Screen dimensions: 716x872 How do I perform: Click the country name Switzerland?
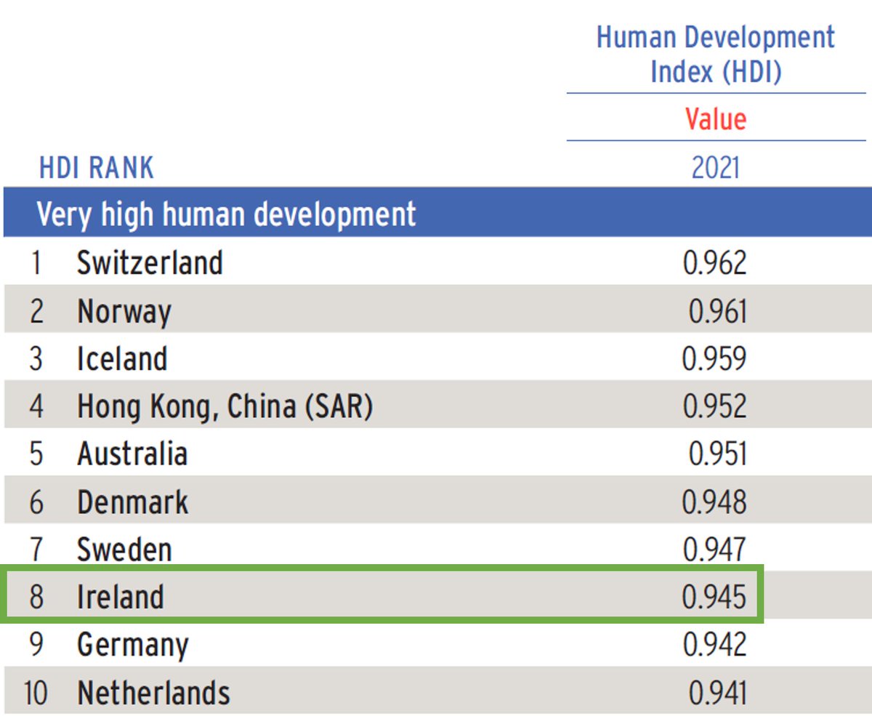pyautogui.click(x=150, y=262)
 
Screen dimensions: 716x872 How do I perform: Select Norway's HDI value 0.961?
pyautogui.click(x=717, y=312)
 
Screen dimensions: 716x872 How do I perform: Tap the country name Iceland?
pyautogui.click(x=122, y=359)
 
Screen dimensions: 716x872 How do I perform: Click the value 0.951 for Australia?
pyautogui.click(x=717, y=454)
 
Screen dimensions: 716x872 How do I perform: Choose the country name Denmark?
pyautogui.click(x=133, y=502)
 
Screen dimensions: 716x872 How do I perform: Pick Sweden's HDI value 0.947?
pyautogui.click(x=714, y=550)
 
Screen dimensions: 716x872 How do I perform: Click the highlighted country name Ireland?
pyautogui.click(x=121, y=597)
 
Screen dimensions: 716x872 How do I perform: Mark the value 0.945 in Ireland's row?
pyautogui.click(x=714, y=597)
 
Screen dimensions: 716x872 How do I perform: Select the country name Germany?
pyautogui.click(x=133, y=645)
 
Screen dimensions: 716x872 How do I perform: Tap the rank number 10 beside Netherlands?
pyautogui.click(x=35, y=693)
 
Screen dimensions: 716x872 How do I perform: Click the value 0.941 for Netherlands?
pyautogui.click(x=717, y=693)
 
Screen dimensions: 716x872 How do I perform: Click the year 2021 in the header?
pyautogui.click(x=716, y=168)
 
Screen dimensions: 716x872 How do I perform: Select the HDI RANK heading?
pyautogui.click(x=97, y=168)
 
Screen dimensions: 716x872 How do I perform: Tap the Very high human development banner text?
pyautogui.click(x=227, y=214)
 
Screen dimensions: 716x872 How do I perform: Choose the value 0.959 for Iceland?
pyautogui.click(x=714, y=359)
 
